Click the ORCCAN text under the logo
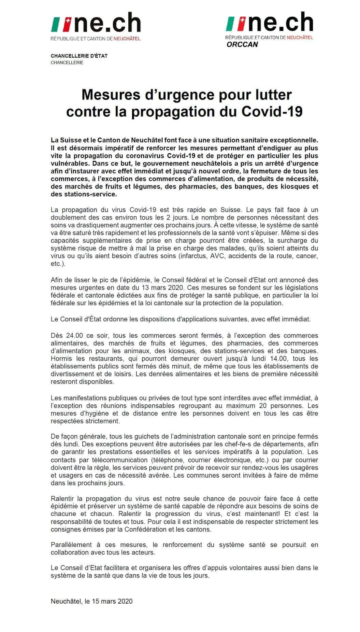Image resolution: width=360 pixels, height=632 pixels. pos(242,45)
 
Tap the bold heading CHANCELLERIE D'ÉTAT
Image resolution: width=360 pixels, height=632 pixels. pos(79,56)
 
